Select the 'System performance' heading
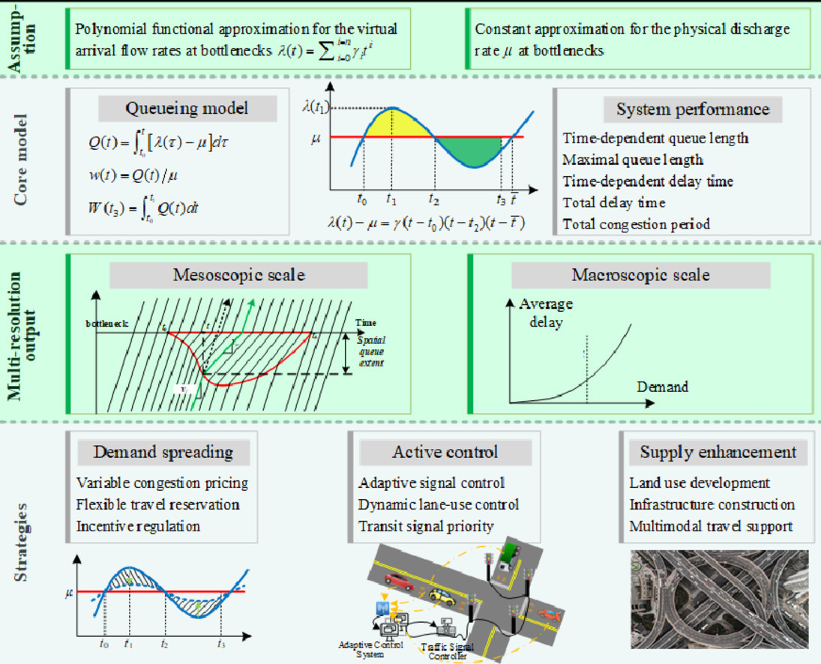pos(692,109)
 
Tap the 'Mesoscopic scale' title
pos(239,275)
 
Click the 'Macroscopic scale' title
pos(640,275)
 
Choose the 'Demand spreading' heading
pos(163,452)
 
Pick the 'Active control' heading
pos(445,452)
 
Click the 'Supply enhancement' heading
pos(718,452)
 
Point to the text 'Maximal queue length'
pos(632,160)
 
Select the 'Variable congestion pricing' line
pos(162,483)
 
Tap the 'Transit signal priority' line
pos(426,526)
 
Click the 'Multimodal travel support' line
pos(711,526)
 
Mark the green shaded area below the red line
pos(471,151)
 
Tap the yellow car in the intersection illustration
pos(442,597)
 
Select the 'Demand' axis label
pos(662,387)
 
